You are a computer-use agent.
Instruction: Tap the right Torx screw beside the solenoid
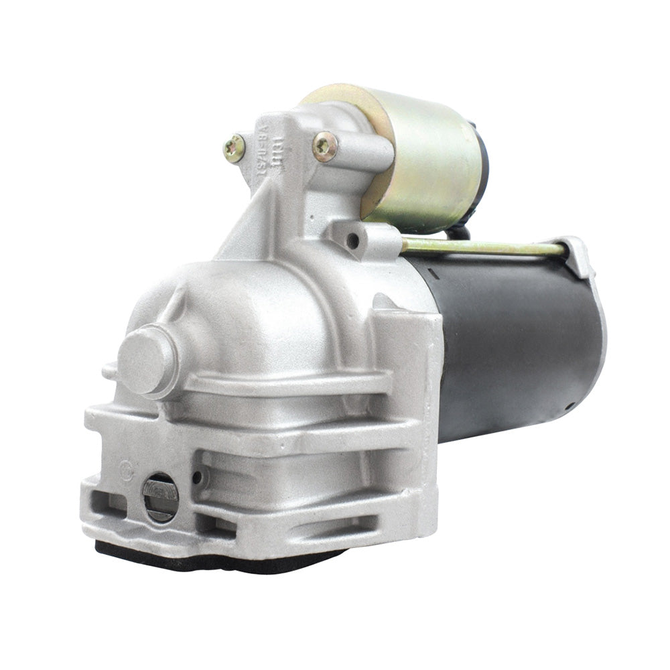[x=325, y=146]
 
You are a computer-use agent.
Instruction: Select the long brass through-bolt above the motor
[x=482, y=248]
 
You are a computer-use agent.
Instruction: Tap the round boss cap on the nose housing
[x=146, y=358]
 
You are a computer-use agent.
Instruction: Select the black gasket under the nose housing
[x=221, y=559]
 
